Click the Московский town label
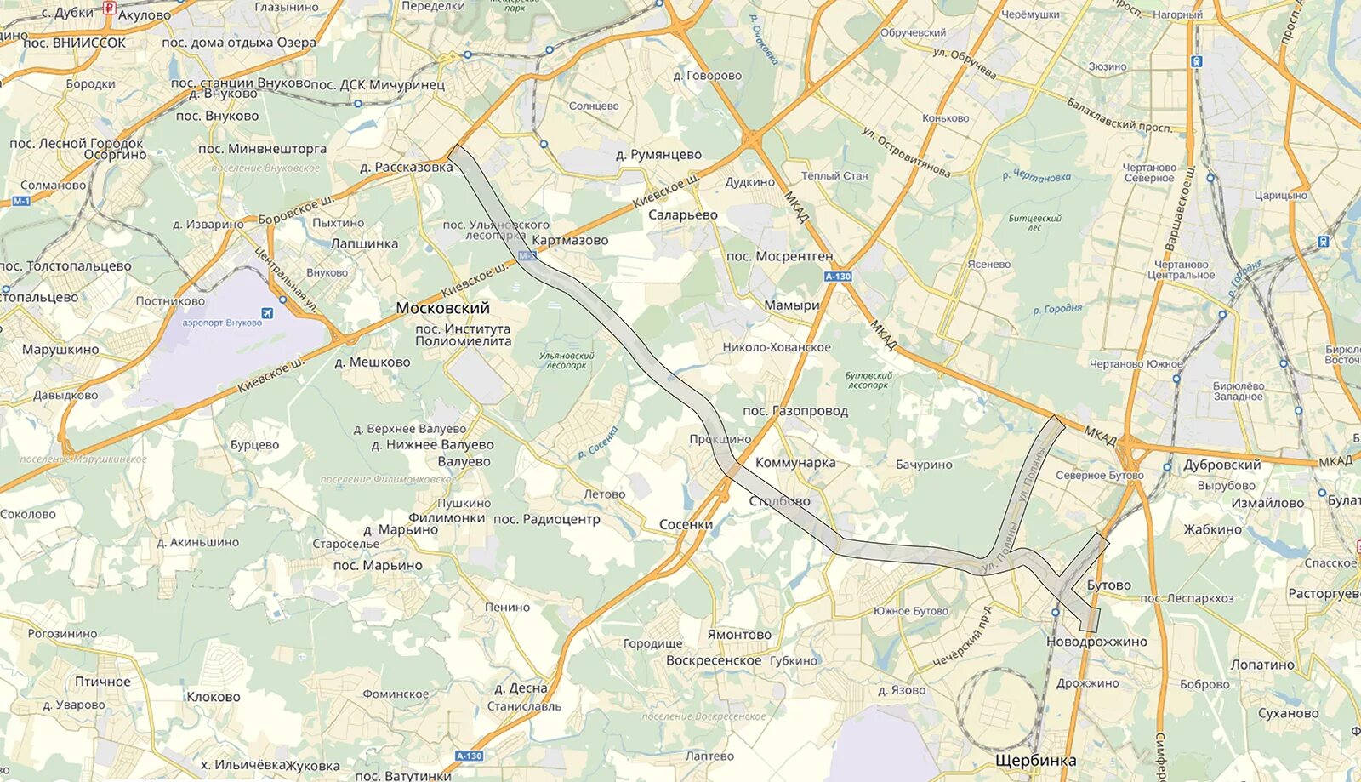442,308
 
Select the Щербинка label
1035,761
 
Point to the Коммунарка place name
795,463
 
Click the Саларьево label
683,215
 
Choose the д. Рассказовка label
406,168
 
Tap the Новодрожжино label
1096,642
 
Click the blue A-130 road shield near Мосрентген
838,277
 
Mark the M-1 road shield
21,201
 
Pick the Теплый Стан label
834,176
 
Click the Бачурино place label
924,465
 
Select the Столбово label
779,501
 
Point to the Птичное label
103,682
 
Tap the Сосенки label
686,525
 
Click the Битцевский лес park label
1034,223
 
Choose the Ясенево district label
988,265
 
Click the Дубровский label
1221,465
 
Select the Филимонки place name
447,517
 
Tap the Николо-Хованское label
777,347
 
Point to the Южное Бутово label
910,611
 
